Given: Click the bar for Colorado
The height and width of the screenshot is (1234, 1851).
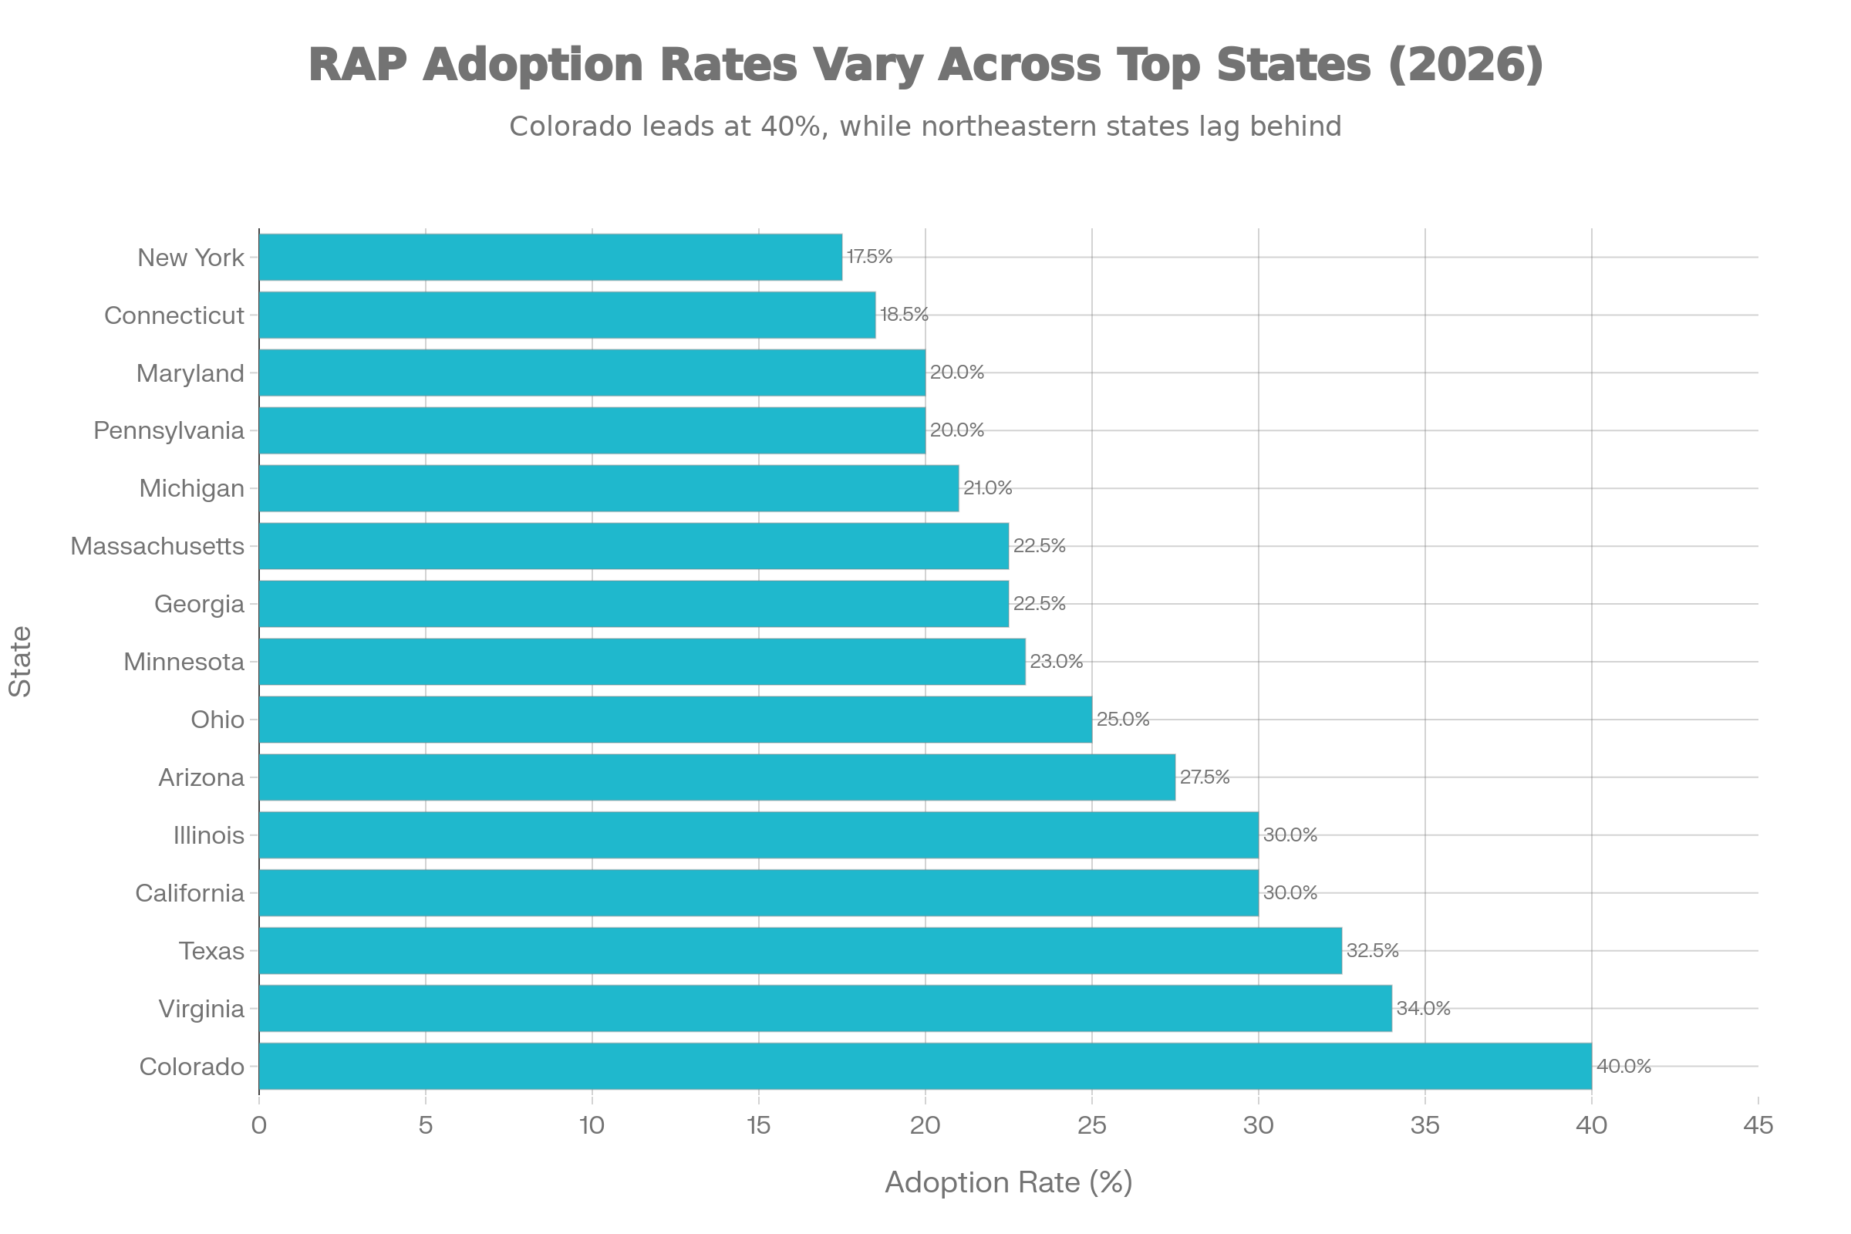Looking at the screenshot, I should pos(925,1067).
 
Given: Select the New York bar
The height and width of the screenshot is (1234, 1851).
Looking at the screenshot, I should pos(550,258).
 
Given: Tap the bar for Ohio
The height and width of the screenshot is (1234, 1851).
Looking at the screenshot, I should pos(676,720).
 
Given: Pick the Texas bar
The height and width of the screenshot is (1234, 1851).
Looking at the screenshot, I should pos(801,951).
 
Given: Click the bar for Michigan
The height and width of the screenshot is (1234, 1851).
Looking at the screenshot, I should pos(609,489).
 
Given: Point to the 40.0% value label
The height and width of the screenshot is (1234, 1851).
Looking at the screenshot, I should pos(1623,1067).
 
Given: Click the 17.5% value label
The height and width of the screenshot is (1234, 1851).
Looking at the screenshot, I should pos(869,257).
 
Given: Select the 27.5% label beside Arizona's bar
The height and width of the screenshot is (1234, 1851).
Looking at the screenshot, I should pos(1204,777).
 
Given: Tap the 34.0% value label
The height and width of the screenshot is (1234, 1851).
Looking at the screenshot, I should pos(1423,1008).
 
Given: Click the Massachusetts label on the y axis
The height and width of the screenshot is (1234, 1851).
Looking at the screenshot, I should pos(157,546).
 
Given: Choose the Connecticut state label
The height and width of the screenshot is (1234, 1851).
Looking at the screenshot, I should pos(174,315).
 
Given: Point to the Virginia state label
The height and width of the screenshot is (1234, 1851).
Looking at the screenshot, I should pos(201,1009).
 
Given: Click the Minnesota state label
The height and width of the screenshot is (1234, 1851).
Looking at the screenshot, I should pos(184,662).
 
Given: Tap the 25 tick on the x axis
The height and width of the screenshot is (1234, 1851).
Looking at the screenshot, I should pos(1091,1126).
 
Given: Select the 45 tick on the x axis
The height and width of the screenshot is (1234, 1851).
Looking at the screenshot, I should pos(1758,1126).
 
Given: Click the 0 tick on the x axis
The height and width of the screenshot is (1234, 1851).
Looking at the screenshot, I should pos(259,1126).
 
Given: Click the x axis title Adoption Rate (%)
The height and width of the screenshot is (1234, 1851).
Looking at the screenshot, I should pos(1008,1182).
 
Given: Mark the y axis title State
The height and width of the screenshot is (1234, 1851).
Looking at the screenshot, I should pos(22,661).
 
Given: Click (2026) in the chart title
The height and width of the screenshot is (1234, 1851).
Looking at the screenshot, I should pos(1465,65).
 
